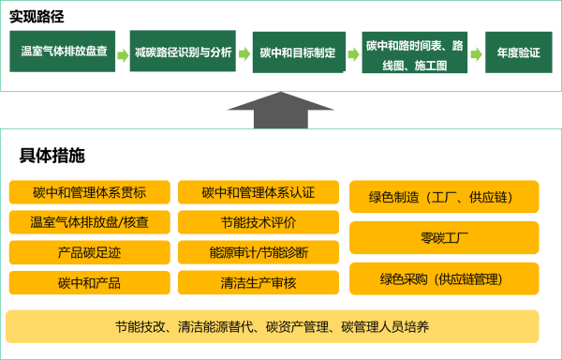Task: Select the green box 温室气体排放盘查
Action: click(65, 52)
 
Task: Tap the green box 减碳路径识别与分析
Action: click(184, 52)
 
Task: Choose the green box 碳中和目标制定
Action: click(298, 52)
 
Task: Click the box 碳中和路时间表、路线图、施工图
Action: click(416, 52)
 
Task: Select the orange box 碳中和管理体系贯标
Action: click(90, 193)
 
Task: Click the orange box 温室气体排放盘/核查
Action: click(90, 222)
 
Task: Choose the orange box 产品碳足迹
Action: click(90, 252)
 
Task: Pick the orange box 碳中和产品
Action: click(90, 282)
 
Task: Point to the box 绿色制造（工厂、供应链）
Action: click(444, 197)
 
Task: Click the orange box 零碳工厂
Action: click(444, 238)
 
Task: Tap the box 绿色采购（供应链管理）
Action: click(444, 278)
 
